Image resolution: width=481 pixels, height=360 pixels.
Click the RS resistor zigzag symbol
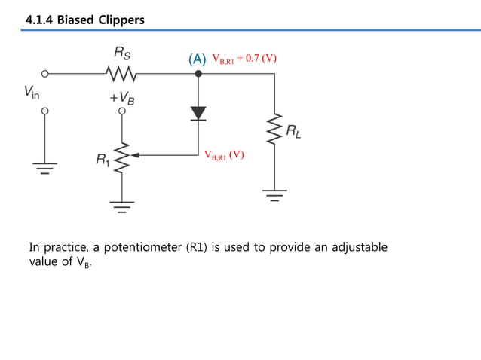click(x=121, y=74)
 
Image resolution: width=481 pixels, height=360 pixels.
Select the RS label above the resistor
click(x=121, y=53)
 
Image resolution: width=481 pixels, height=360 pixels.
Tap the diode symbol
click(x=198, y=113)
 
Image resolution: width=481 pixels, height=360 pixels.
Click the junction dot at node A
click(x=198, y=74)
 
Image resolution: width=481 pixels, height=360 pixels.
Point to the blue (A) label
click(x=198, y=59)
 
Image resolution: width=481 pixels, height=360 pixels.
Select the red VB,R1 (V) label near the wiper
click(x=224, y=154)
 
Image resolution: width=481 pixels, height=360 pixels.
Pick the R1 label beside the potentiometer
click(x=101, y=160)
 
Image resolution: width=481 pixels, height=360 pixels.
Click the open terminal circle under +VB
click(x=121, y=111)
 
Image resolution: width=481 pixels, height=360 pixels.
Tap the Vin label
click(x=32, y=93)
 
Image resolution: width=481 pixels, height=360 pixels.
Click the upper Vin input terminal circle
click(x=44, y=74)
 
